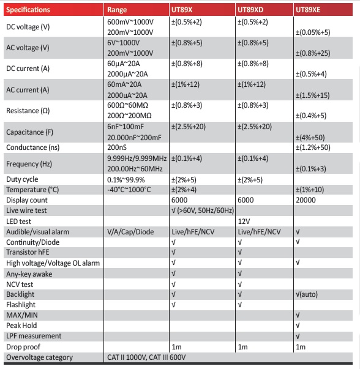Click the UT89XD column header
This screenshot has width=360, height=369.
pos(252,10)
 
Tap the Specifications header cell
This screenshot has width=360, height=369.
pos(28,10)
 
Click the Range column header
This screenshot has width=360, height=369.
pos(117,10)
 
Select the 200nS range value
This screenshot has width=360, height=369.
pos(117,147)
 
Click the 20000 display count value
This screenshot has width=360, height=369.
pos(306,200)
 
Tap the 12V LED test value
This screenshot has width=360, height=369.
pos(244,221)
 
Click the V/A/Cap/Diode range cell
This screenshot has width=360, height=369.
pos(130,231)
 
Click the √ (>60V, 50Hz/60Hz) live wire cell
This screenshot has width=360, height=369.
pos(203,211)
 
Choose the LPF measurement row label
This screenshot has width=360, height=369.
pos(34,336)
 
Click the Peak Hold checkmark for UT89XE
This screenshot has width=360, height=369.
pos(298,326)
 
